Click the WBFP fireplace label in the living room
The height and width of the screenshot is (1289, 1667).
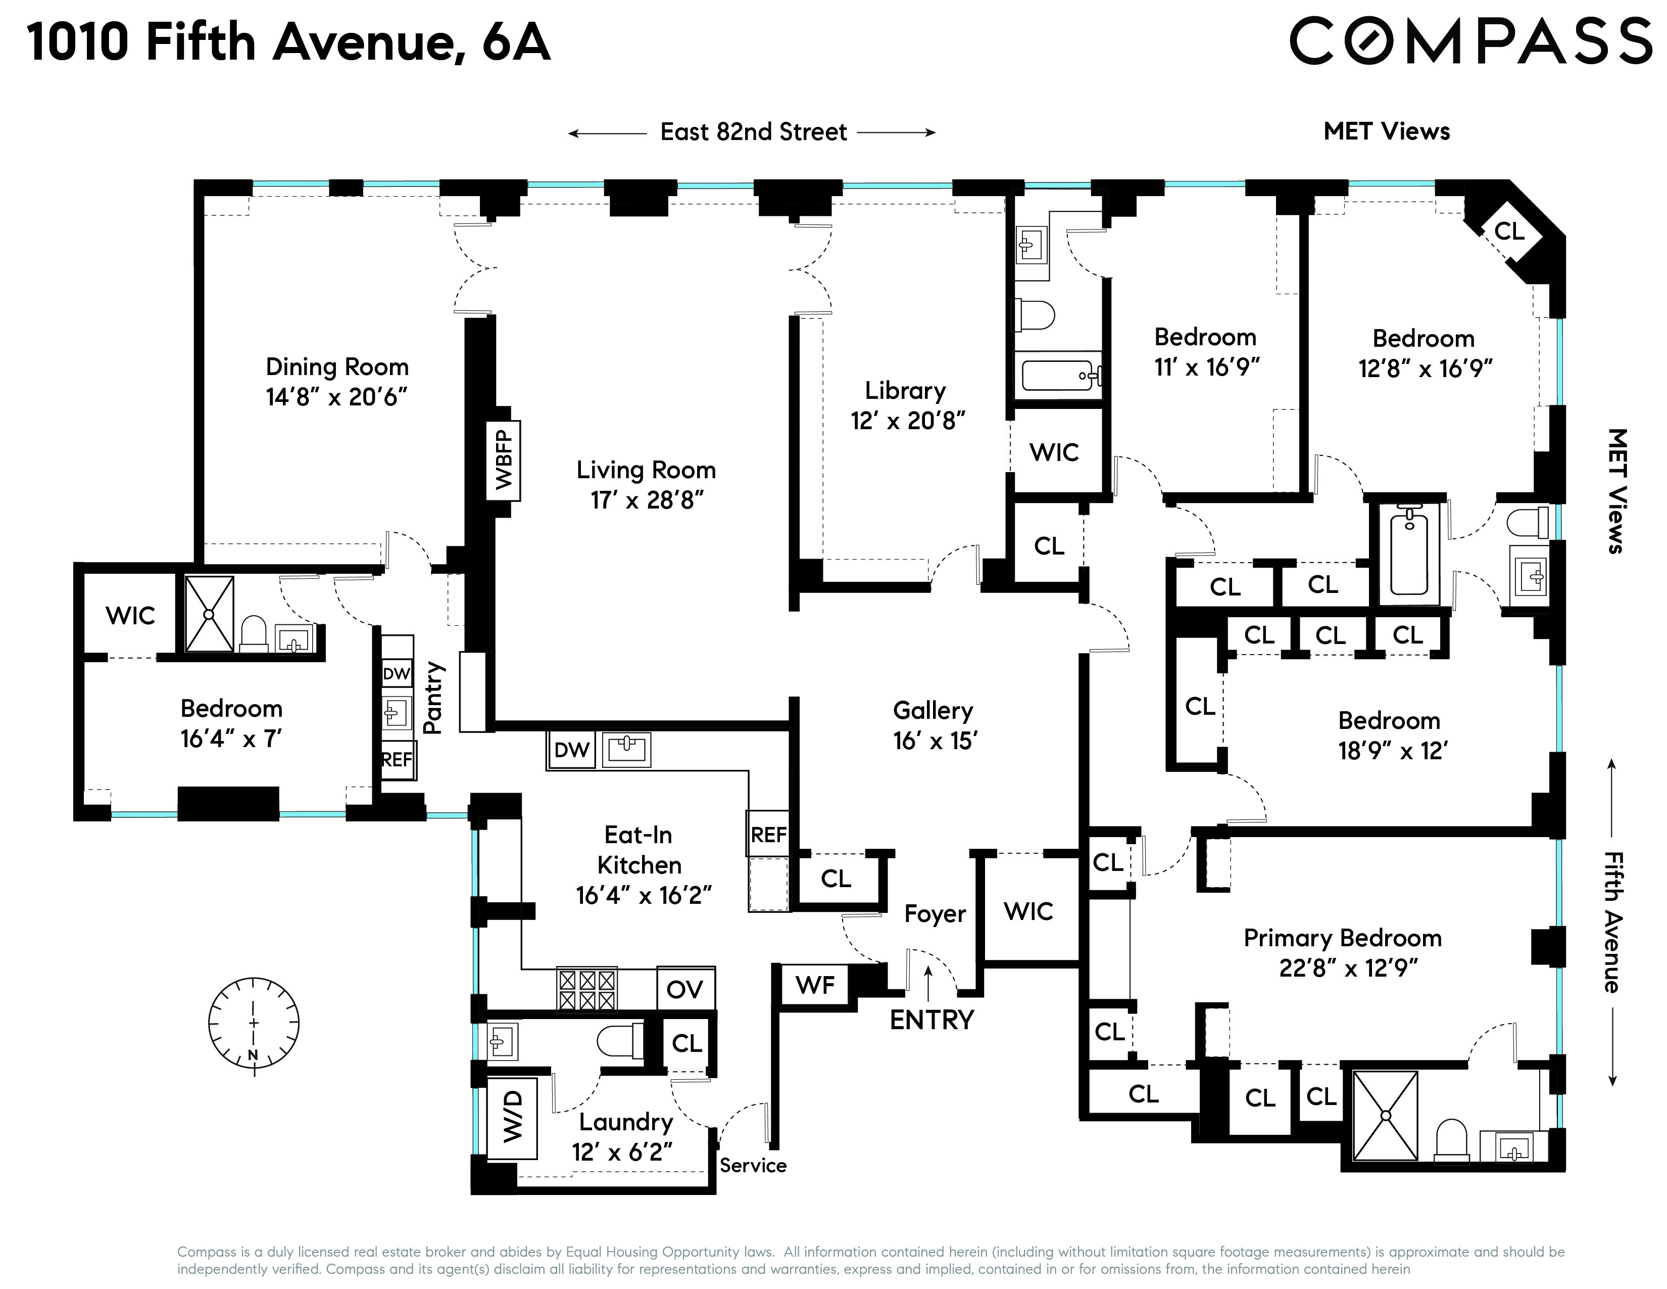pos(504,461)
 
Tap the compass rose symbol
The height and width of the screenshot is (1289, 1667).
pos(254,1023)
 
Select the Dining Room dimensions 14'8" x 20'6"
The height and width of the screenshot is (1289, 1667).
pos(336,397)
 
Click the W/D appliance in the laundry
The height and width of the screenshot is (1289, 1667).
pos(512,1117)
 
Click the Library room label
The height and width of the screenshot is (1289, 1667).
pos(905,391)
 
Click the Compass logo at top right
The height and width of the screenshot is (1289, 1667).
pos(1469,41)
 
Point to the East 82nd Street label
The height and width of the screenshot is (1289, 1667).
pos(753,132)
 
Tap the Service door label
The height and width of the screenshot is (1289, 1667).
pos(753,1165)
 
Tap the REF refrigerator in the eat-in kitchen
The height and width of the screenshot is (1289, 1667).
pos(768,835)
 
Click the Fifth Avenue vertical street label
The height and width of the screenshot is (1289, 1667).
pos(1613,923)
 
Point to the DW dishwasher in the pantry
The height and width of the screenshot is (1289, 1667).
pos(396,673)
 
